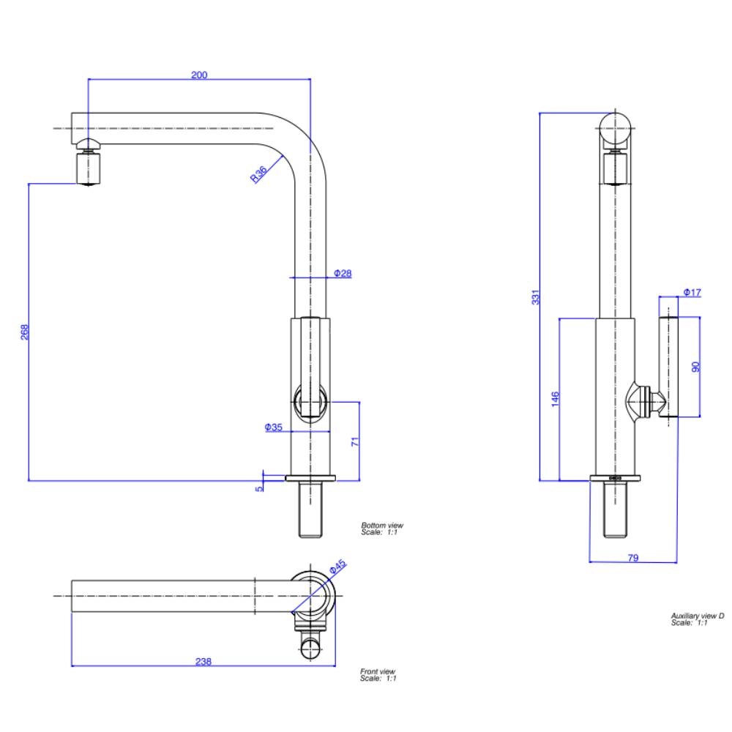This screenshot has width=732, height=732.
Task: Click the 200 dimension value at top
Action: tap(199, 75)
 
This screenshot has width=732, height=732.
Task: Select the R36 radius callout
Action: tap(258, 173)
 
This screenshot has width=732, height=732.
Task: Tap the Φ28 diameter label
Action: tap(343, 273)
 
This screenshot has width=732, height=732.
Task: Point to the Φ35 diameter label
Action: tap(274, 427)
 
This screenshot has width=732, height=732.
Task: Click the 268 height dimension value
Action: tap(24, 332)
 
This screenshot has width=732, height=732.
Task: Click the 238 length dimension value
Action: tap(203, 662)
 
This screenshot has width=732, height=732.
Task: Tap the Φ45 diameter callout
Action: tap(337, 567)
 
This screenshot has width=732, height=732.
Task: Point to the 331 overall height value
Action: tap(535, 297)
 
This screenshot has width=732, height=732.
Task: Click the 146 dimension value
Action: tap(556, 399)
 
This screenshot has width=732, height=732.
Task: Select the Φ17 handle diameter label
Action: tap(692, 293)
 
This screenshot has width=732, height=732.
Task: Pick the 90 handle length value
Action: tap(696, 366)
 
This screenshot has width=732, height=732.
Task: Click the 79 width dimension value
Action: tap(633, 558)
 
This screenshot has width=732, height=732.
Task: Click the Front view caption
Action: tap(378, 671)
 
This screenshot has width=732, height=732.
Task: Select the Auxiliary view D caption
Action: tap(697, 616)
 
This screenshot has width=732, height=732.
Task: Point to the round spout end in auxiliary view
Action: tap(616, 130)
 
